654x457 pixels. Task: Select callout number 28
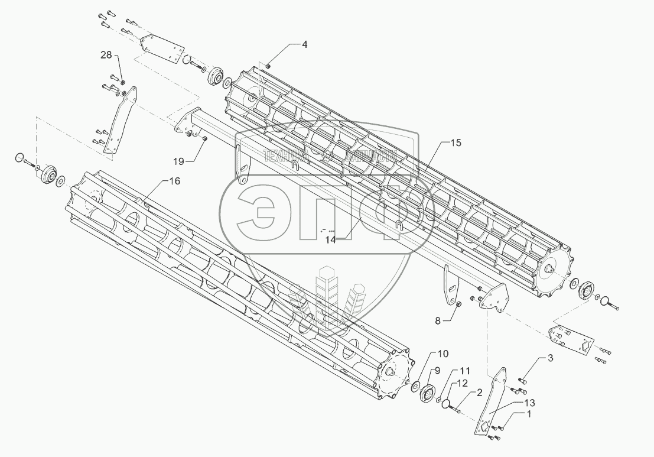[x=105, y=55]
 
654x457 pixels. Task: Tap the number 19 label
[x=178, y=160]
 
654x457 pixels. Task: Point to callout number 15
[x=455, y=143]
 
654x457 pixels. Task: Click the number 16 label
[x=174, y=181]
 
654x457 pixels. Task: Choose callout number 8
[x=438, y=320]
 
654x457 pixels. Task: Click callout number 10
[x=442, y=354]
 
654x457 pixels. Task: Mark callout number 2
[x=479, y=392]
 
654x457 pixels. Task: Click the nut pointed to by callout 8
[x=457, y=304]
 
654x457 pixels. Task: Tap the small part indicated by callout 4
[x=268, y=65]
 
